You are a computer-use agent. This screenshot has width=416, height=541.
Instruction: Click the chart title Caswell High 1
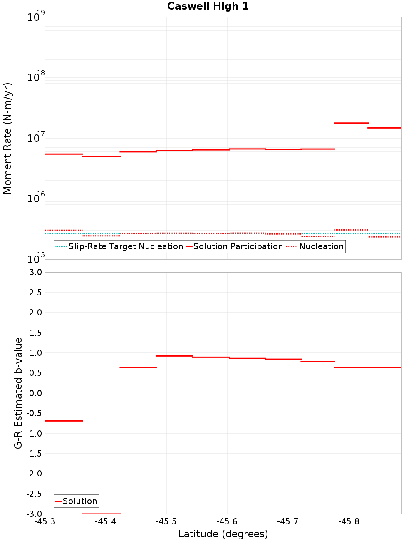click(208, 6)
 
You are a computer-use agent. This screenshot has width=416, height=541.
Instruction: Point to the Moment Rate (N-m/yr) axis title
click(7, 138)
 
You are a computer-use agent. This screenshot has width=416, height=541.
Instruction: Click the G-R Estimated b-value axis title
click(18, 393)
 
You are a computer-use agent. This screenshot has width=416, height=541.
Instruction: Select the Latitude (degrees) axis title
click(223, 534)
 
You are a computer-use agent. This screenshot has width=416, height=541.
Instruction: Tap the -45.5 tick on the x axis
click(166, 521)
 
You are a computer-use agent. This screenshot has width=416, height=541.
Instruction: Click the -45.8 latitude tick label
click(349, 521)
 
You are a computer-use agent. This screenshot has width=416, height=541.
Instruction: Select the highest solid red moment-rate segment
click(351, 123)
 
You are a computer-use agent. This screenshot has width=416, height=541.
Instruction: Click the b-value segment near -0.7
click(64, 421)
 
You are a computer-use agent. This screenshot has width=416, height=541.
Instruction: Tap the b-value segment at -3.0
click(101, 514)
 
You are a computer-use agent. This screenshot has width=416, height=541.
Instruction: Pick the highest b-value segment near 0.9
click(174, 356)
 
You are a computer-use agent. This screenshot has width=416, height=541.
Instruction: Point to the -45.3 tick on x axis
click(45, 521)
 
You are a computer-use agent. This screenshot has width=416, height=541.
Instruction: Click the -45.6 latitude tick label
click(227, 521)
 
